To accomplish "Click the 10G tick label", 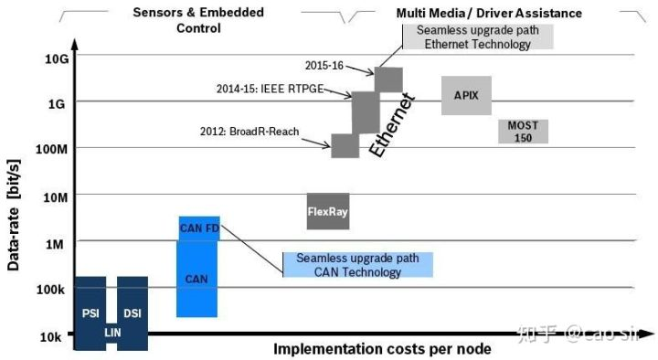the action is point(57,58).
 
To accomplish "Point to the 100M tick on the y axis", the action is point(51,149).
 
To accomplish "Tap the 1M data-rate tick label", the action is point(55,244).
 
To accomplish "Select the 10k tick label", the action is point(50,337).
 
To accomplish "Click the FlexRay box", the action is point(328,211).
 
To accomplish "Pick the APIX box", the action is point(466,96).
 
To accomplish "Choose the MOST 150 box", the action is point(523,132).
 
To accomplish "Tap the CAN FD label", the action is point(199,228).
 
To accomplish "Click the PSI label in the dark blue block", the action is point(90,313).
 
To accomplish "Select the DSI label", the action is point(133,313).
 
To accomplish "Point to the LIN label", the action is point(112,333).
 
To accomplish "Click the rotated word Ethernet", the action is point(392,126).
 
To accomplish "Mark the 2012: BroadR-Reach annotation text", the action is point(249,132).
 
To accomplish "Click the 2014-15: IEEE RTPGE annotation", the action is point(270,89).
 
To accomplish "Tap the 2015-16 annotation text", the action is point(324,66).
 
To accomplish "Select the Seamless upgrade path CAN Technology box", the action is point(358,265).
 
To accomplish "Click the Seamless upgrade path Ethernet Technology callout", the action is point(478,37).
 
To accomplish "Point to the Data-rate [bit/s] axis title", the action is point(14,216).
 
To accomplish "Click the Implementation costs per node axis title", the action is point(382,349).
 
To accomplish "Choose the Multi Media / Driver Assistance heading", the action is point(489,13).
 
